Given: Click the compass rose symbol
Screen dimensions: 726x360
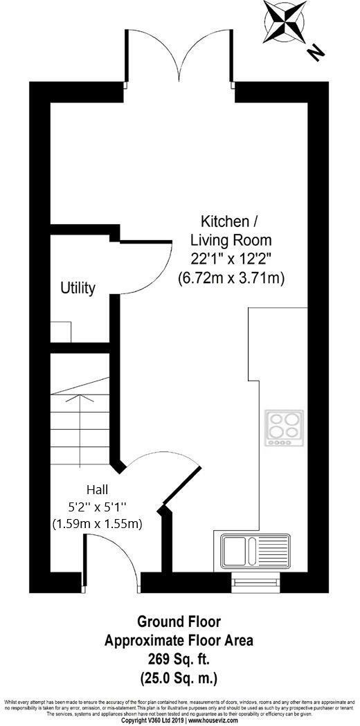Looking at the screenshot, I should pyautogui.click(x=285, y=21).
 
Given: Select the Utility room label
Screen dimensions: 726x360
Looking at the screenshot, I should pyautogui.click(x=78, y=288).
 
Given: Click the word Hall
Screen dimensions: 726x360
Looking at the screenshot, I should pyautogui.click(x=98, y=489).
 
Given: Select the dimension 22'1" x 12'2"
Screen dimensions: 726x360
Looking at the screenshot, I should pyautogui.click(x=231, y=259).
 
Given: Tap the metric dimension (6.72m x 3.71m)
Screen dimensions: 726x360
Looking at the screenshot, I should pyautogui.click(x=231, y=278).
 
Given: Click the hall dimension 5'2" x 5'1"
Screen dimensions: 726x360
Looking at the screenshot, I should pyautogui.click(x=98, y=506).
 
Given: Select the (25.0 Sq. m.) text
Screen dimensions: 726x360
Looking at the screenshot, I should pyautogui.click(x=179, y=674).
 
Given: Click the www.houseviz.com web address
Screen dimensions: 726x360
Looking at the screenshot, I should pyautogui.click(x=212, y=720).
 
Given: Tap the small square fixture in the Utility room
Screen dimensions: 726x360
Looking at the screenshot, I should pyautogui.click(x=61, y=332).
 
